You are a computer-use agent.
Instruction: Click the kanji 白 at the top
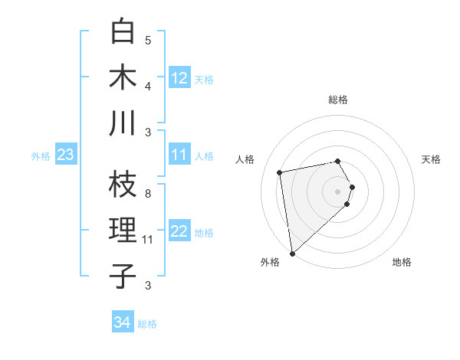click(123, 31)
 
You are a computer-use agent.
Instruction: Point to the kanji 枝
click(123, 185)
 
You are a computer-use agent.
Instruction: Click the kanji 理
click(123, 231)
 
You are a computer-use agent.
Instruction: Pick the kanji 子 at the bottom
click(123, 277)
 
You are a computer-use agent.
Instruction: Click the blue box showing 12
click(179, 77)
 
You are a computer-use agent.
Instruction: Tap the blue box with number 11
click(179, 155)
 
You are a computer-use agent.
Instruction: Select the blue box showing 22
click(179, 231)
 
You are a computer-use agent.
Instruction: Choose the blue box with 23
click(66, 155)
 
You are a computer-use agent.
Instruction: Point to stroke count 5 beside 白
click(148, 40)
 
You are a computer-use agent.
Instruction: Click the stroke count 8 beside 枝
click(148, 194)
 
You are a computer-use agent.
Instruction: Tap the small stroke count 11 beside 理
click(148, 240)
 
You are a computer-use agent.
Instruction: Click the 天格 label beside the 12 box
click(203, 79)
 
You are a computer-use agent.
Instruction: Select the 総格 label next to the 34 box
click(147, 324)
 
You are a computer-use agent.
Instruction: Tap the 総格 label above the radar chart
click(337, 100)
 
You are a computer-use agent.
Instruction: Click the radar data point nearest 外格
click(292, 253)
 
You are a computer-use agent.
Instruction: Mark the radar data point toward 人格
click(280, 172)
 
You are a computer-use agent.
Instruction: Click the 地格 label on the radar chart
click(402, 262)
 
